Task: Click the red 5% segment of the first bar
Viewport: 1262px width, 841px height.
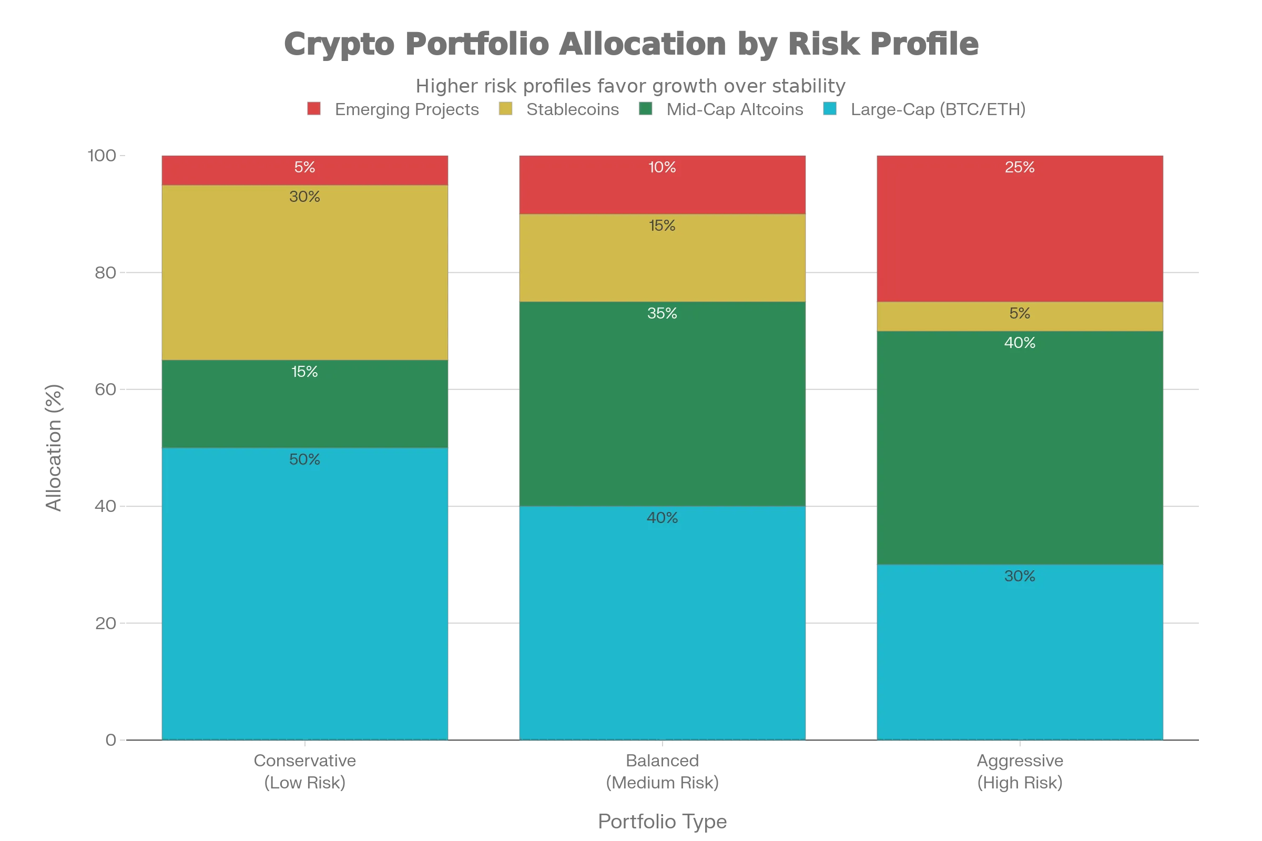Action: tap(304, 170)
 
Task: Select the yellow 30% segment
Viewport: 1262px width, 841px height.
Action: tap(304, 272)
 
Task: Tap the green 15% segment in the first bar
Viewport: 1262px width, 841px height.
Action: tap(304, 403)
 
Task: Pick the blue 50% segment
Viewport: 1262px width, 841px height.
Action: tap(304, 593)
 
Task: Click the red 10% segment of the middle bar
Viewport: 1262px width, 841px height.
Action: tap(662, 185)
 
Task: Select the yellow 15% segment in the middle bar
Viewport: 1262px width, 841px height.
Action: tap(662, 258)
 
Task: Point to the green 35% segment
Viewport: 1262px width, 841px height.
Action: tap(662, 403)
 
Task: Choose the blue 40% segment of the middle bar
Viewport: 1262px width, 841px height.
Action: tap(662, 622)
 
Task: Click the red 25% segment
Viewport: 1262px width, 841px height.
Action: tap(1020, 229)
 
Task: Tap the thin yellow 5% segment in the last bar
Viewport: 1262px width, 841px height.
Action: tap(1020, 316)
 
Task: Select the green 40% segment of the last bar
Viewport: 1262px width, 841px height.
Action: tap(1020, 448)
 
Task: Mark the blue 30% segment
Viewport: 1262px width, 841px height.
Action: tap(1020, 652)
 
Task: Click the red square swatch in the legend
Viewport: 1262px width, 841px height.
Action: tap(315, 109)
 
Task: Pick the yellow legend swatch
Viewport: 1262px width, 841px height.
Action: tap(505, 109)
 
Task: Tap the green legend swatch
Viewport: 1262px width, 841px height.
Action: tap(645, 109)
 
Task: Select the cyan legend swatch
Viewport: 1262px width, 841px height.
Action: tap(830, 109)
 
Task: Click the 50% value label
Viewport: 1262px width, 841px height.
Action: tap(304, 459)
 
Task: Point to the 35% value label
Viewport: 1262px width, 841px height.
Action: tap(662, 313)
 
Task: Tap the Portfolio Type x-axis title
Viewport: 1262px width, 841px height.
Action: tap(662, 821)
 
